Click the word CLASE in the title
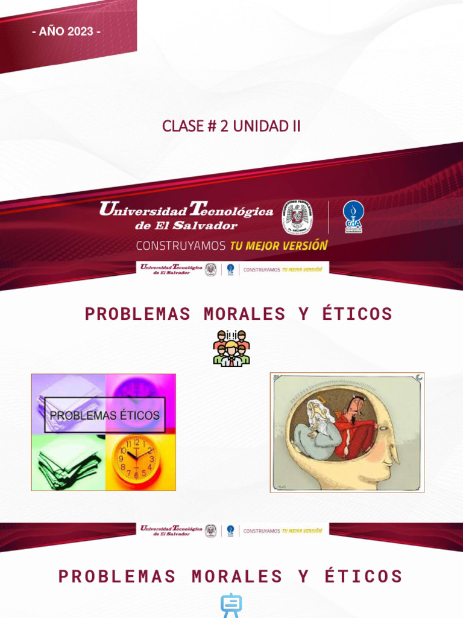click(183, 126)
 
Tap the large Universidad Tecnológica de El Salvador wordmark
click(186, 216)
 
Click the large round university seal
click(297, 217)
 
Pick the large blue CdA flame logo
click(353, 216)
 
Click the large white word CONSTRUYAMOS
click(180, 246)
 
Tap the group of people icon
click(231, 348)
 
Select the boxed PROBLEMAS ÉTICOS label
click(104, 415)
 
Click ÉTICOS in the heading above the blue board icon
click(364, 576)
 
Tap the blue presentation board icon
click(231, 605)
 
